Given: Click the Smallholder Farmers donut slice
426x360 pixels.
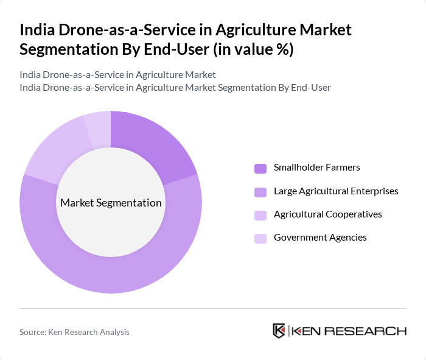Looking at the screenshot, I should [153, 147].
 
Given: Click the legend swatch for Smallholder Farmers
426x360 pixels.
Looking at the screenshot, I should [260, 168].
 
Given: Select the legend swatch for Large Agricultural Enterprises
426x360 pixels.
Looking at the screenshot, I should [260, 192].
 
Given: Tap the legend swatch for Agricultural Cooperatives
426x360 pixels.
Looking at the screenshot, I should [260, 215].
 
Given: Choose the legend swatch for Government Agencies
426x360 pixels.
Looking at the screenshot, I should [260, 238].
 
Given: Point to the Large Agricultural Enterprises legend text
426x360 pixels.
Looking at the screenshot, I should [336, 191].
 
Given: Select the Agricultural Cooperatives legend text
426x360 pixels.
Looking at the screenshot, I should [328, 214].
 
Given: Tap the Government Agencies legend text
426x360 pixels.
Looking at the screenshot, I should [320, 238].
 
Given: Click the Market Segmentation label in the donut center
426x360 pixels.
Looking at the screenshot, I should [111, 203].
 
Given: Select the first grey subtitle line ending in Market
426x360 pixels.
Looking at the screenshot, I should [117, 75].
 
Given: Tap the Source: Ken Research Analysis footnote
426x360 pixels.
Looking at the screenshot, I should [74, 332].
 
